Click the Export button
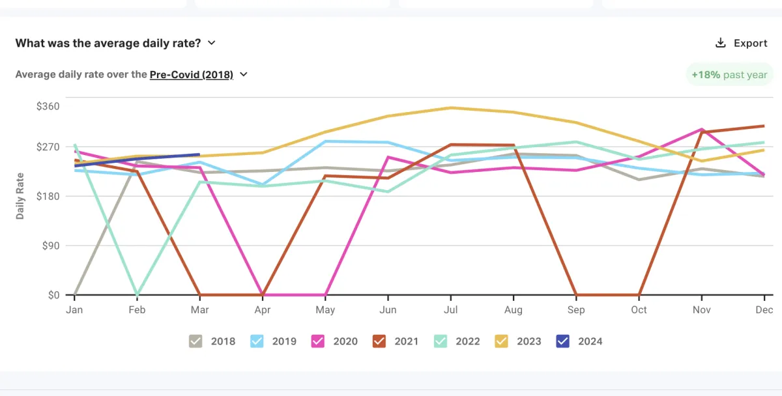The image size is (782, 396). tap(742, 43)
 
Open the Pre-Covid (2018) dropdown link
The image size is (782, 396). tap(192, 74)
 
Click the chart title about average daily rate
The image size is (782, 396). tap(108, 43)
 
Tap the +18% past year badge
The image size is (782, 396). tap(729, 75)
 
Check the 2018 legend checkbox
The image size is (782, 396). tap(195, 341)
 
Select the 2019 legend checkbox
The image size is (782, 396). tap(257, 341)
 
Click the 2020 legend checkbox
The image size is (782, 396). tap(318, 341)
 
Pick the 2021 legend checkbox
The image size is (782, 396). tap(379, 341)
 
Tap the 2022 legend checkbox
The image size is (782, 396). tap(441, 341)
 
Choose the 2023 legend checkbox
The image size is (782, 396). tap(502, 341)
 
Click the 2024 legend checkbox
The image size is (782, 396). tap(563, 341)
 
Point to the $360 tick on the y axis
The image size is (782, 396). tap(48, 106)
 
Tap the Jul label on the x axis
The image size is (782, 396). tap(450, 310)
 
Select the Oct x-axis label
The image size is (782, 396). tap(639, 310)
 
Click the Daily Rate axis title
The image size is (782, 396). tap(20, 196)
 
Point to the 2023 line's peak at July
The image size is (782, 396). tap(451, 107)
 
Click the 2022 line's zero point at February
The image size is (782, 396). tap(137, 294)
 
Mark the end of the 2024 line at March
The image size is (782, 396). tap(199, 155)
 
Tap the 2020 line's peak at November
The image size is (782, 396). tap(701, 129)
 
